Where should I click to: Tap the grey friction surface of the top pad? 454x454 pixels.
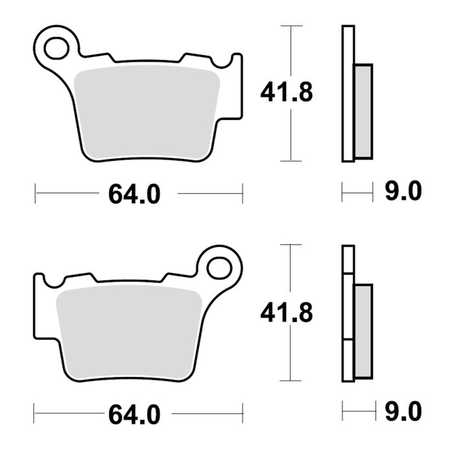point(147,110)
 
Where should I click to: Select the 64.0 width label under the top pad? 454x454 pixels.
point(134,193)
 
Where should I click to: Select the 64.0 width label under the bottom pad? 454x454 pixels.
point(134,412)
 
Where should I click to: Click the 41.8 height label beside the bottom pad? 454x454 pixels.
point(287,313)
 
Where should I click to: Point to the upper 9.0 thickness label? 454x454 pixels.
point(403,192)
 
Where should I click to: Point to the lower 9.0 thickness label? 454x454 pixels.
point(403,411)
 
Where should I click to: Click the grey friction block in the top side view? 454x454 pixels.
point(364,111)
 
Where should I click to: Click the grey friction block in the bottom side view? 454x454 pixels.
point(364,331)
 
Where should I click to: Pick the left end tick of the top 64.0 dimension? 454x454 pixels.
point(36,193)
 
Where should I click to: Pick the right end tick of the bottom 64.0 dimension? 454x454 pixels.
point(242,412)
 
